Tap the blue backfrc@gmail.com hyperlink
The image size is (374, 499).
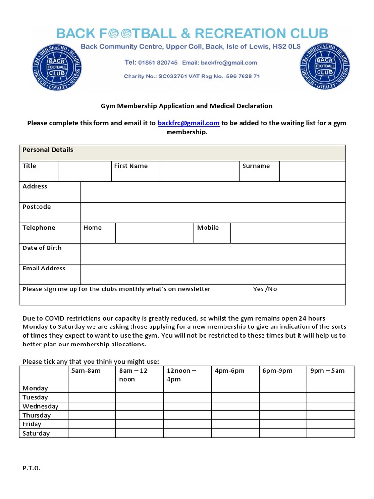pyautogui.click(x=188, y=123)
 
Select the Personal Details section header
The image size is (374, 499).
pyautogui.click(x=48, y=150)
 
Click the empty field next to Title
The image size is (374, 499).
pyautogui.click(x=84, y=171)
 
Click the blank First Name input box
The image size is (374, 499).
pyautogui.click(x=199, y=171)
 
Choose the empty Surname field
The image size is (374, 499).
pyautogui.click(x=312, y=171)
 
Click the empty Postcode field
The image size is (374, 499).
pyautogui.click(x=213, y=212)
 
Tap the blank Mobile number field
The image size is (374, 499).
pyautogui.click(x=288, y=233)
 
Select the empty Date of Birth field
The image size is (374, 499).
pyautogui.click(x=213, y=253)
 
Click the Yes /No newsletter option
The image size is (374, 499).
pyautogui.click(x=265, y=289)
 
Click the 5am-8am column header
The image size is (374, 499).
pyautogui.click(x=86, y=371)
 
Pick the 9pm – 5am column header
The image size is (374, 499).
pyautogui.click(x=327, y=371)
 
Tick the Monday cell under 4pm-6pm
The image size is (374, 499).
pyautogui.click(x=235, y=388)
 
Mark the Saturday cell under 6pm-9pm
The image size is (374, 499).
pyautogui.click(x=283, y=433)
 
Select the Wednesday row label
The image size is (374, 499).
pyautogui.click(x=40, y=406)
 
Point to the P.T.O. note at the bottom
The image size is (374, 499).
pyautogui.click(x=32, y=468)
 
